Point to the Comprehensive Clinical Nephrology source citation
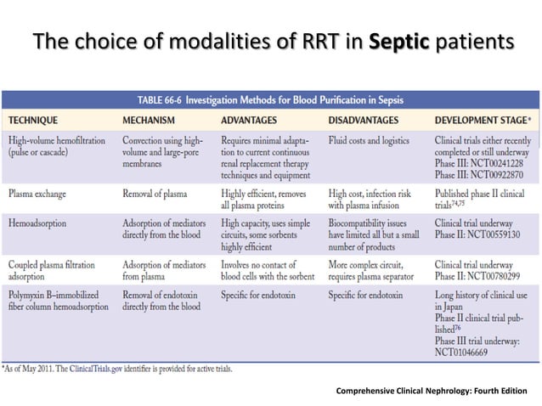pos(431,391)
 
